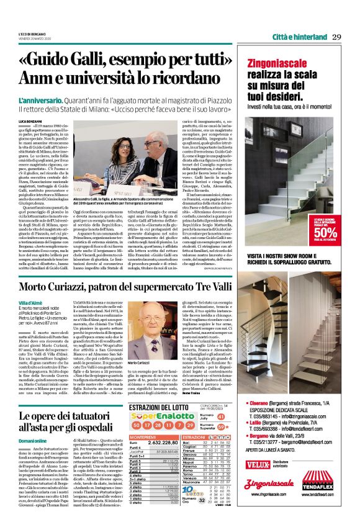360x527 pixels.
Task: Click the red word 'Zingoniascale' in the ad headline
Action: pos(277,63)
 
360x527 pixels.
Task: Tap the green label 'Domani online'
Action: pos(32,438)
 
